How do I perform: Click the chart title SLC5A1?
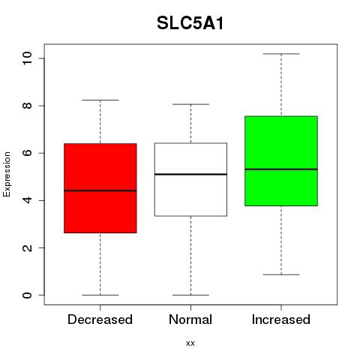[190, 23]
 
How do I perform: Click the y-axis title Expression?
[7, 175]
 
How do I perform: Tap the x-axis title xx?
[190, 343]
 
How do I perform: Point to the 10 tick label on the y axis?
[27, 58]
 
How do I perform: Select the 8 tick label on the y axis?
[27, 106]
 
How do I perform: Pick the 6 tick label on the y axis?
[27, 153]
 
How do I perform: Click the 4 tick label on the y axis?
[27, 200]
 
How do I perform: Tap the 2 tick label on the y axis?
[27, 247]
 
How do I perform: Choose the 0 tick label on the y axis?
[27, 295]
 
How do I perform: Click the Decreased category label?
[100, 319]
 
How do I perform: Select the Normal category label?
[190, 319]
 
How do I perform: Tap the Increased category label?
[281, 319]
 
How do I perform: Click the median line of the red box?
[100, 190]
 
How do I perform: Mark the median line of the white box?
[190, 174]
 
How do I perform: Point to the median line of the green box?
[281, 169]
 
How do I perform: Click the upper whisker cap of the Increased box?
[281, 54]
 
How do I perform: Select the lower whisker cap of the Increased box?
[281, 274]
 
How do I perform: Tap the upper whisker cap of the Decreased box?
[100, 100]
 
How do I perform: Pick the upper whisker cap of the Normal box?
[190, 104]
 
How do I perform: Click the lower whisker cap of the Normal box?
[190, 295]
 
